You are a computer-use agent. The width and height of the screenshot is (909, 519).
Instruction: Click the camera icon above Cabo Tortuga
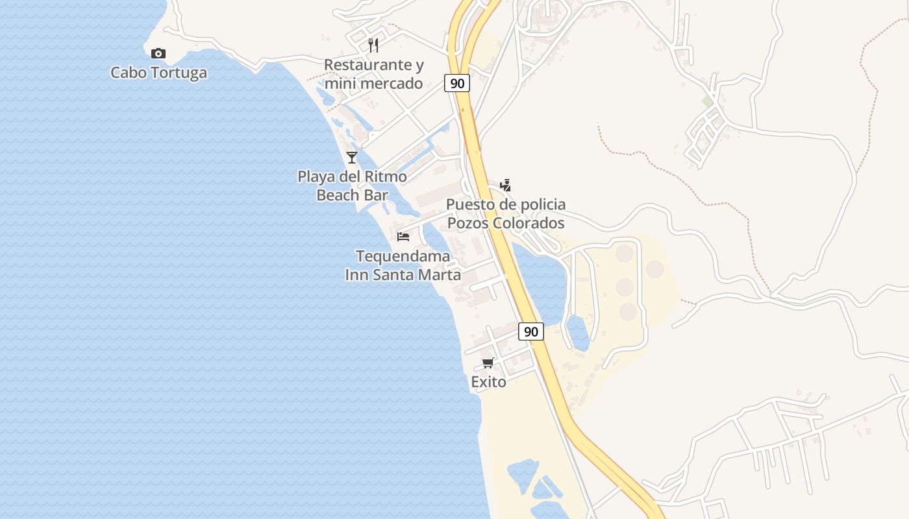tap(158, 53)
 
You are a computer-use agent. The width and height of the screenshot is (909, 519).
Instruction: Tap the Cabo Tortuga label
tap(158, 72)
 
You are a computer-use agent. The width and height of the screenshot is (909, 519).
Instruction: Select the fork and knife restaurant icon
tap(373, 45)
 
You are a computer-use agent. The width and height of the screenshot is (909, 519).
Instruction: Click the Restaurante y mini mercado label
tap(373, 74)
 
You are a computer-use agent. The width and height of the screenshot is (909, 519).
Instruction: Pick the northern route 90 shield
tap(457, 83)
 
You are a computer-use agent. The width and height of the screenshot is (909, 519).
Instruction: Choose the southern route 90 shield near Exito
tap(531, 332)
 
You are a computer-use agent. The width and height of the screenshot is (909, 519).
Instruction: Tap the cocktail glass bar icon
tap(352, 157)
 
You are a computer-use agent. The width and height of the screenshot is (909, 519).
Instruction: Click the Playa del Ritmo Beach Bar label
tap(352, 186)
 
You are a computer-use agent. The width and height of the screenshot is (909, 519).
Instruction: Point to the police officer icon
tap(505, 186)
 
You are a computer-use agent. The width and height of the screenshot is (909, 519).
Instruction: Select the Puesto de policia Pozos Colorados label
tap(505, 213)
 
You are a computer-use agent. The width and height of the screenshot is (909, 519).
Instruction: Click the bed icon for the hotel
tap(403, 236)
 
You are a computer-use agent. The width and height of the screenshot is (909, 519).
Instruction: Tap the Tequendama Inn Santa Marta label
tap(403, 265)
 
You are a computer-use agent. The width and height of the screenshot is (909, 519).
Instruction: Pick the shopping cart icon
tap(488, 363)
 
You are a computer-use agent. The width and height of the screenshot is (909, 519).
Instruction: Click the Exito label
tap(488, 382)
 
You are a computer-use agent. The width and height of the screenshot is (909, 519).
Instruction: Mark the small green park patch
tap(707, 102)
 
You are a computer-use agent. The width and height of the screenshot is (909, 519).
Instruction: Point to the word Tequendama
tap(403, 256)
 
